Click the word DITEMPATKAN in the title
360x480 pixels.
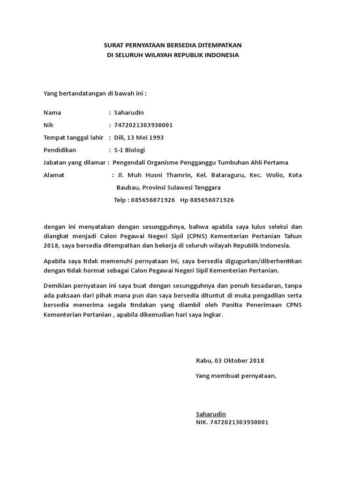[x=221, y=45]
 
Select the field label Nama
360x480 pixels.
[x=52, y=112]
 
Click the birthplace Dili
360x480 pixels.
[x=120, y=137]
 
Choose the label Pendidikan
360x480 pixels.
[x=60, y=150]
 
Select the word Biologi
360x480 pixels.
[x=135, y=150]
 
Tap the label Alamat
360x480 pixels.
[x=54, y=175]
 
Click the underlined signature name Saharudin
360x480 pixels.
[x=211, y=414]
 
